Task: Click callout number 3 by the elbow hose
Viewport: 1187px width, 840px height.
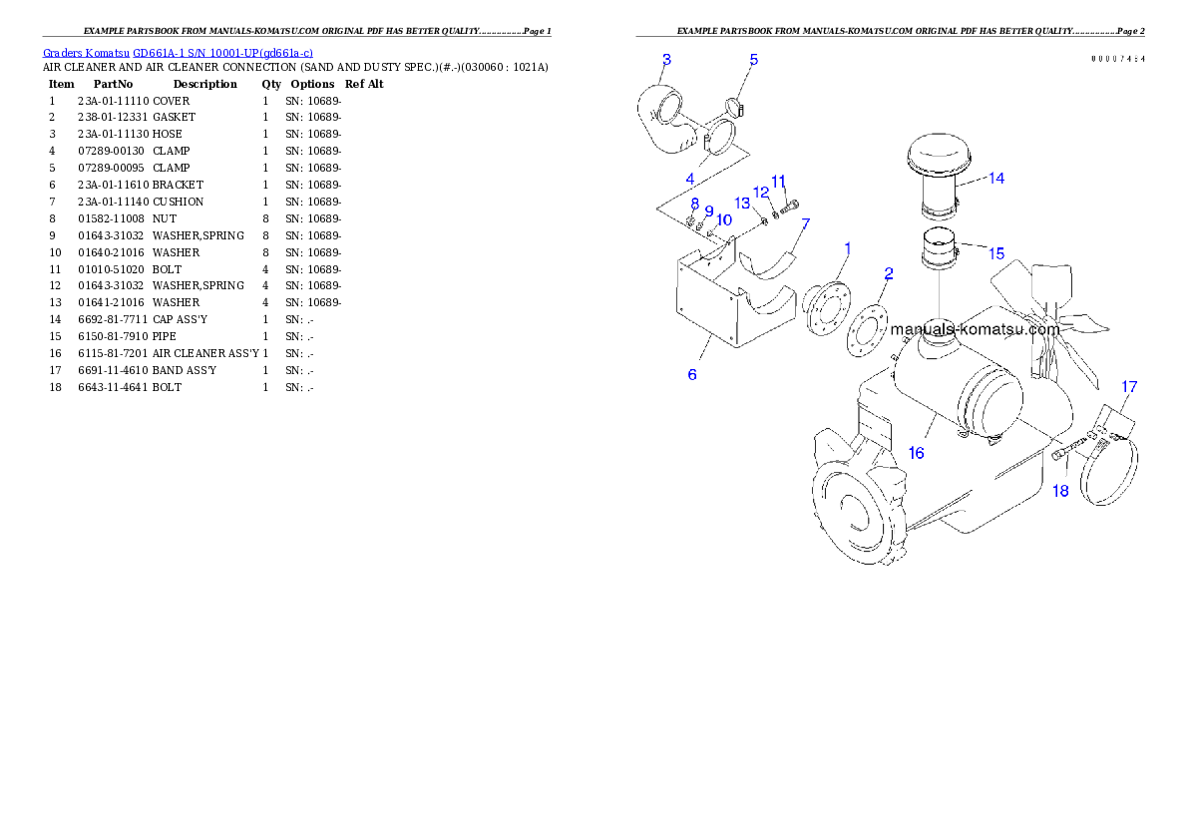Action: click(666, 59)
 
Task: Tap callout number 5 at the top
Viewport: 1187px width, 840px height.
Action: click(754, 60)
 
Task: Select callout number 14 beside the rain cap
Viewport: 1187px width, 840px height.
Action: click(995, 179)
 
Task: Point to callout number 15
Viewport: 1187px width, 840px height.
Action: click(996, 253)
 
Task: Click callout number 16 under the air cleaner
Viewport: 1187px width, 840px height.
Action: click(916, 453)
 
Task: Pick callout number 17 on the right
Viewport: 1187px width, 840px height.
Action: click(1129, 386)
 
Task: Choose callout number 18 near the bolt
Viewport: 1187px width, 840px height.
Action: click(1060, 490)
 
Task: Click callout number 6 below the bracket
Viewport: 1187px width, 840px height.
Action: click(692, 374)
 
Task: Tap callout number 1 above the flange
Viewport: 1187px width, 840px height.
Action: click(848, 246)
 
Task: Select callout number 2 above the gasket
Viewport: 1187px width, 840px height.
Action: click(888, 272)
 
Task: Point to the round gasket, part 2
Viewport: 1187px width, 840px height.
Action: click(868, 329)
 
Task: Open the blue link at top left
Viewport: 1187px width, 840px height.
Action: click(178, 53)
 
